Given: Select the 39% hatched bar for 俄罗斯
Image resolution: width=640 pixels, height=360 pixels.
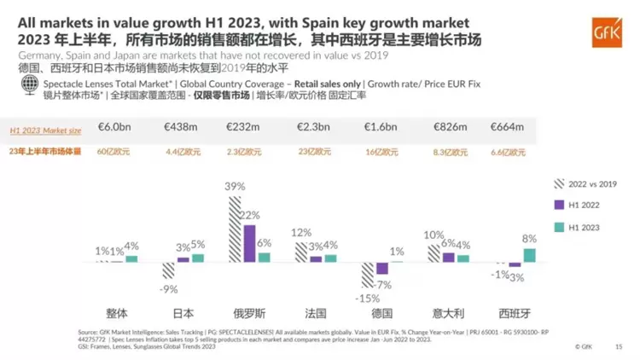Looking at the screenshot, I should pos(234,229).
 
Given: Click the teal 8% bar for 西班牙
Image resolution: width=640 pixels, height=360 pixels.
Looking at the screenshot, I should pos(530,254).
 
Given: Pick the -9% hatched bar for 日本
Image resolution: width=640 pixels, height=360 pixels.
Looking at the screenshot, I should pos(168,270).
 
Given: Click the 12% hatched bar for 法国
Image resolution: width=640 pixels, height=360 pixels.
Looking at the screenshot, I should pos(300,252).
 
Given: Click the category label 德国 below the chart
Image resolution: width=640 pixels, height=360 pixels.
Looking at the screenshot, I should pos(382,312).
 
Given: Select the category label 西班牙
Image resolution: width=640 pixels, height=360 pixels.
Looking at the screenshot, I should pos(515,312).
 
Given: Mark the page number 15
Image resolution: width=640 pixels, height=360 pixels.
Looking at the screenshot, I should pos(620,347).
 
